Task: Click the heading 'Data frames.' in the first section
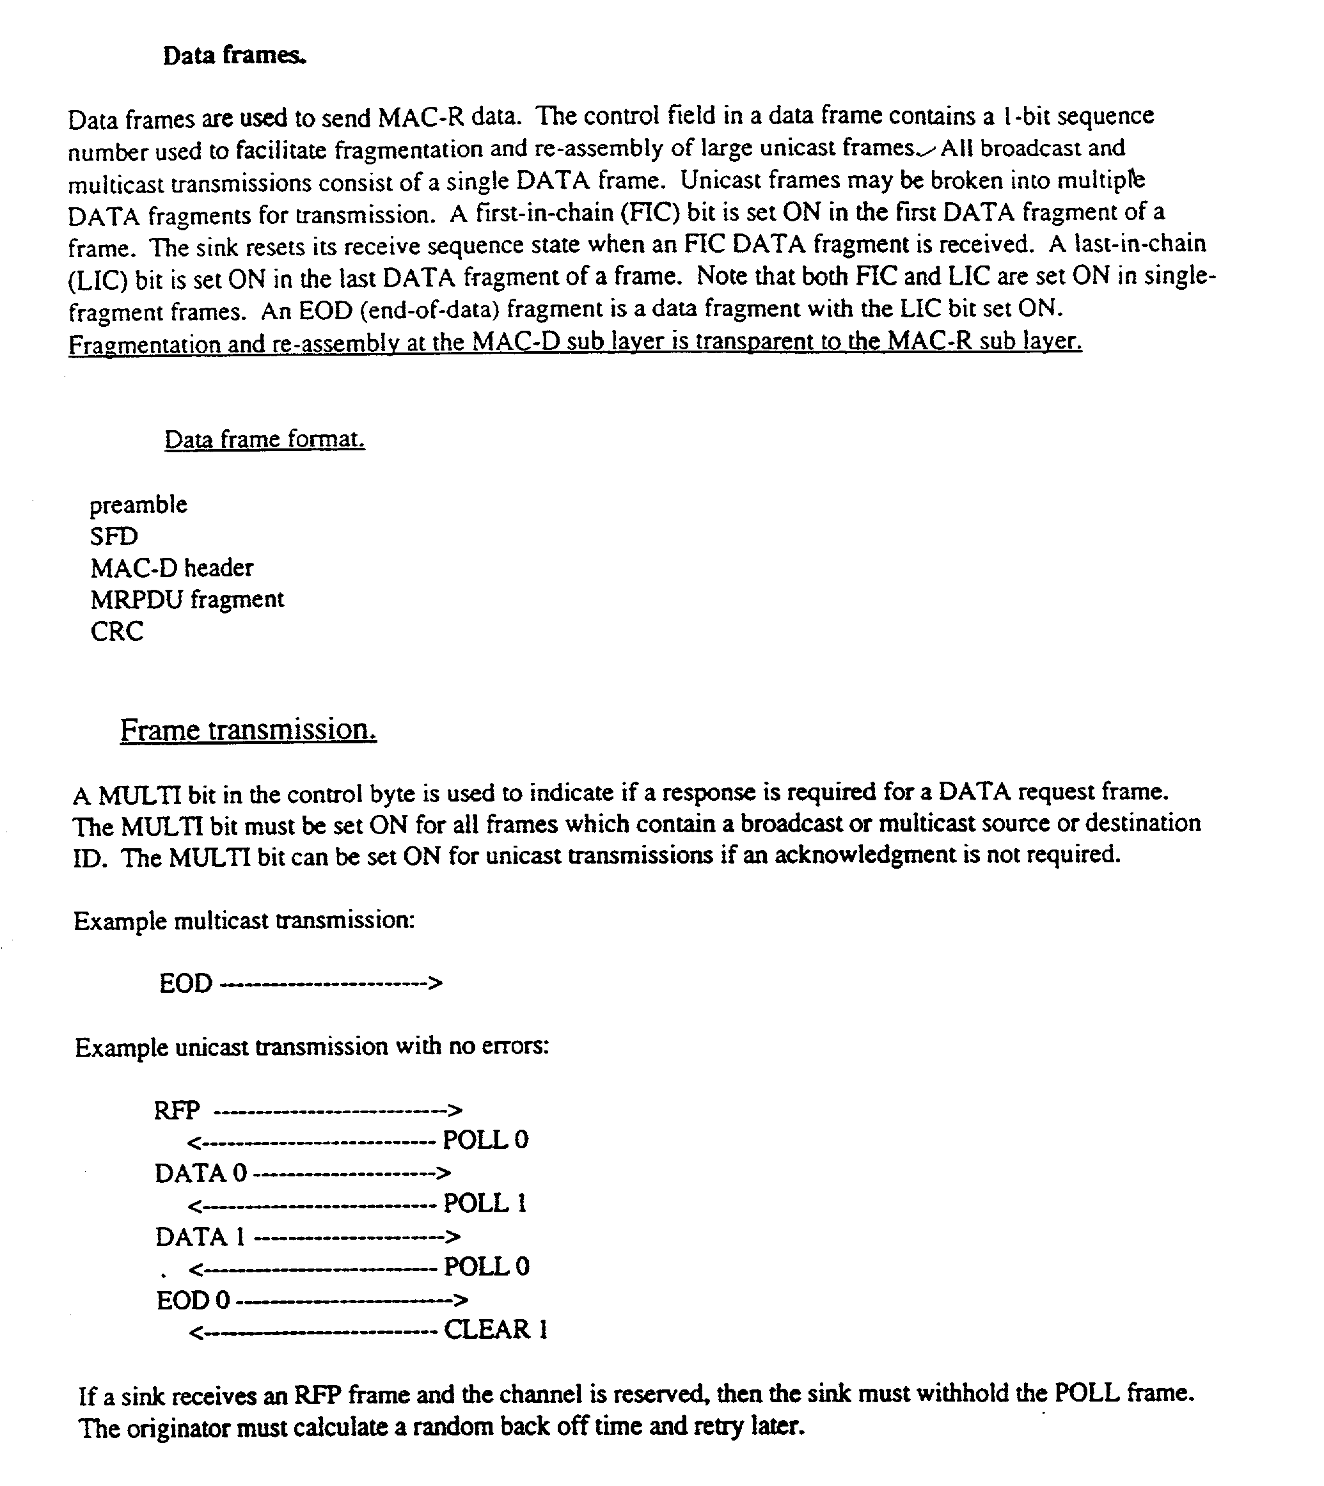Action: point(234,55)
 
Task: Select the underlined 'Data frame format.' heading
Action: point(264,439)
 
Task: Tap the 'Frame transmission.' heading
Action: point(248,729)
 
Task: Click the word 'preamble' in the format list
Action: point(138,504)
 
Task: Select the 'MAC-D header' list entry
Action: point(171,567)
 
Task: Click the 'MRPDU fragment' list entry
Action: point(187,599)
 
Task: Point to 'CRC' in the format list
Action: point(116,631)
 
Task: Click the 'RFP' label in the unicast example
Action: point(177,1110)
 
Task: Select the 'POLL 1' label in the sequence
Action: point(484,1203)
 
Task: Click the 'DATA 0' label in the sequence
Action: point(201,1173)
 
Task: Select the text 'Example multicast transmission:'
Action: point(244,921)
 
